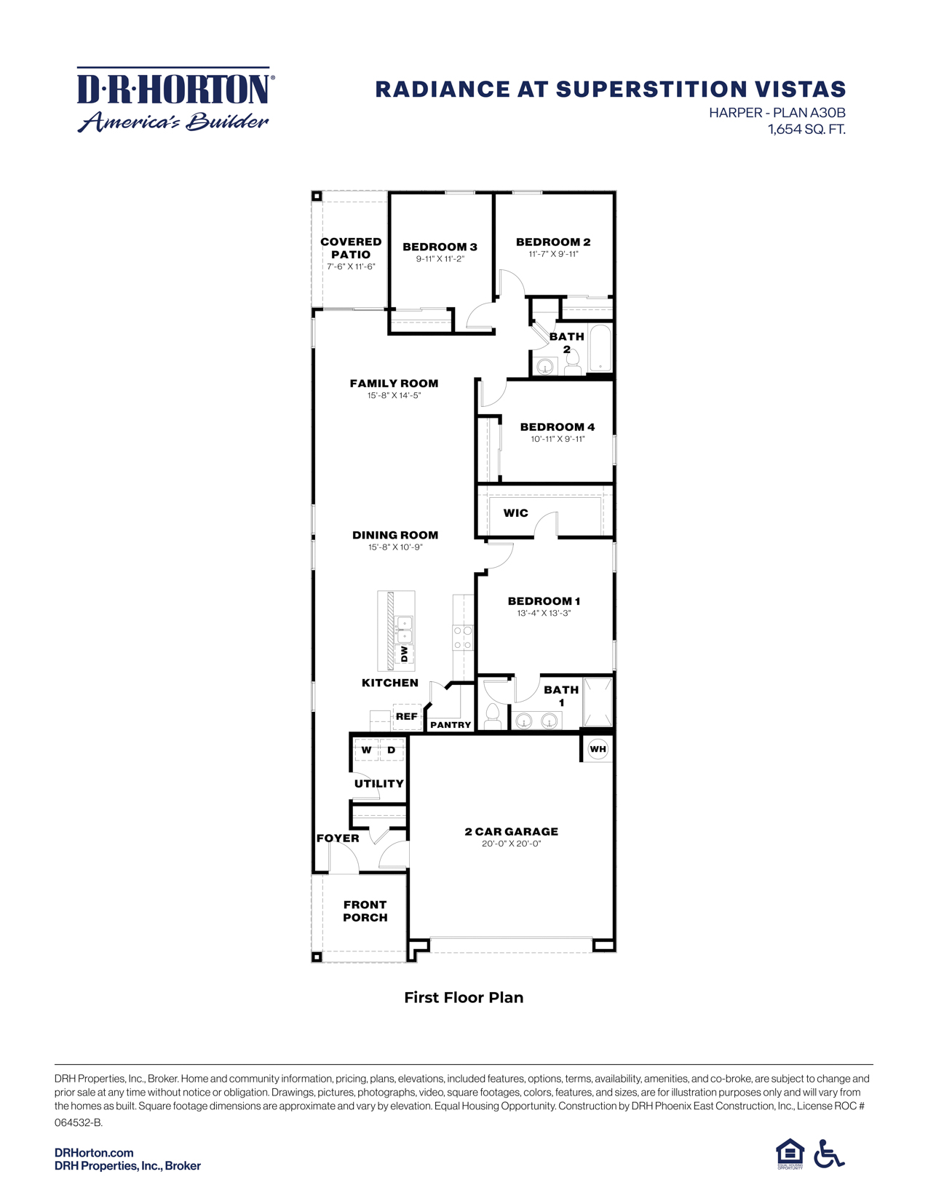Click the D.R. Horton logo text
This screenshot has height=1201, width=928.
175,89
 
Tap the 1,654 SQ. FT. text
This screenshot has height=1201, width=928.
806,130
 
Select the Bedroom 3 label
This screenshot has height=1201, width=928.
440,247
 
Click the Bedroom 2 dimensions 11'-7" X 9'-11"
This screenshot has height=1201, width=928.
553,255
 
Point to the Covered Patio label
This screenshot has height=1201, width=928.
351,248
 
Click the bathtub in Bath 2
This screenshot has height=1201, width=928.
600,349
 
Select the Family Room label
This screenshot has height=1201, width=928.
394,383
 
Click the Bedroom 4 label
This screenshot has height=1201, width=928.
557,427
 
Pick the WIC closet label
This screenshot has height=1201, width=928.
515,513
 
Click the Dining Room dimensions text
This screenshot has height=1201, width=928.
395,547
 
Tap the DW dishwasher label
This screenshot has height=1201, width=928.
404,653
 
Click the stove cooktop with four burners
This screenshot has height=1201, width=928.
463,638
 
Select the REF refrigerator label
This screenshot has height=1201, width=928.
406,716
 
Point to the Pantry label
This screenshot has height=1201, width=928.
451,725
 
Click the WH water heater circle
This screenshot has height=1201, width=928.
598,749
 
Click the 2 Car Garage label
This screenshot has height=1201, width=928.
511,831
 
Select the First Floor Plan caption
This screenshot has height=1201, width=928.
464,997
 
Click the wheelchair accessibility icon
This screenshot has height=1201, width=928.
828,1154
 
